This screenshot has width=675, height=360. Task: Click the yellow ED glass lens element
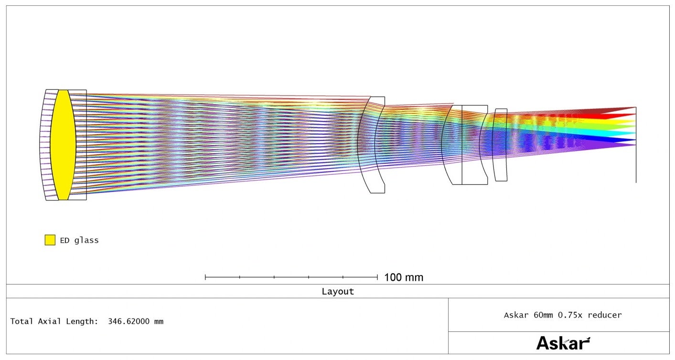pyautogui.click(x=63, y=145)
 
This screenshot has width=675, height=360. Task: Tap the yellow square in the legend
pyautogui.click(x=50, y=240)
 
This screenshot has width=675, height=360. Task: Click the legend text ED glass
pyautogui.click(x=79, y=241)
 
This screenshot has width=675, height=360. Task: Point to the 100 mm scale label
pyautogui.click(x=404, y=277)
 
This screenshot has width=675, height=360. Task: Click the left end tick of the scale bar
pyautogui.click(x=205, y=277)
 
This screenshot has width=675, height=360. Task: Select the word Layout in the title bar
pyautogui.click(x=337, y=291)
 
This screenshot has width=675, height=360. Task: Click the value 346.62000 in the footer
pyautogui.click(x=129, y=321)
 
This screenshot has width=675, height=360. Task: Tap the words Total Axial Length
pyautogui.click(x=54, y=321)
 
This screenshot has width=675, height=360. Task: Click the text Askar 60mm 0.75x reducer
pyautogui.click(x=563, y=315)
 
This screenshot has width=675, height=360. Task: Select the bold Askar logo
pyautogui.click(x=563, y=343)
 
